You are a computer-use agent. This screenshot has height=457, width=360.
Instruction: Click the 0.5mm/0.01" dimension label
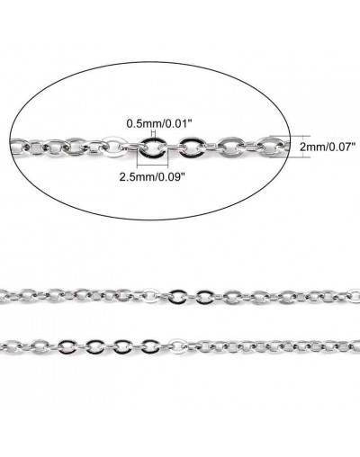[x=159, y=123]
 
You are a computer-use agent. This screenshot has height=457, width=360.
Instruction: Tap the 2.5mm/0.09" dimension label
[x=151, y=177]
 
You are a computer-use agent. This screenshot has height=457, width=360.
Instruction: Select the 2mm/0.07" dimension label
[x=326, y=147]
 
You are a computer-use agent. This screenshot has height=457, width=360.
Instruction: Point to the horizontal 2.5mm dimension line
[x=152, y=166]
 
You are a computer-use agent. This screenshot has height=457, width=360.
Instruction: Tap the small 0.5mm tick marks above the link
[x=153, y=133]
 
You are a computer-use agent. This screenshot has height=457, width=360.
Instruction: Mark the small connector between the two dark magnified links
[x=172, y=147]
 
